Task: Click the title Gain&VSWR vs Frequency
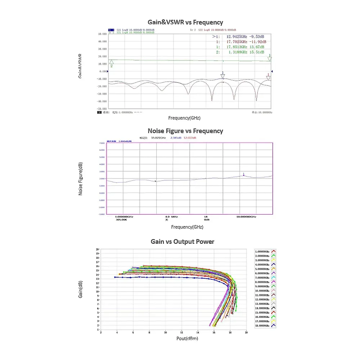pos(185,22)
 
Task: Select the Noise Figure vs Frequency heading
pos(185,131)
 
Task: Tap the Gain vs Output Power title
pos(182,242)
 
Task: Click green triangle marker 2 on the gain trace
pos(112,62)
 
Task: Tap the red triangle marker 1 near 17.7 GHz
pos(268,77)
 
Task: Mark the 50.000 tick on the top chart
pos(102,34)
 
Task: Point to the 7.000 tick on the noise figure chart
pos(101,143)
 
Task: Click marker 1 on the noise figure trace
pos(244,175)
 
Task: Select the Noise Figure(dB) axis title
pos(81,179)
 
